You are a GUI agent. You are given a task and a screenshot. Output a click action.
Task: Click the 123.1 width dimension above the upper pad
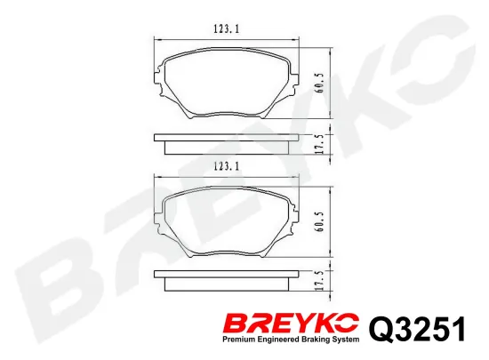pyautogui.click(x=227, y=29)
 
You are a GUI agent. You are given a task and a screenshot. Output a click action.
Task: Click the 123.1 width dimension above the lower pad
pyautogui.click(x=227, y=166)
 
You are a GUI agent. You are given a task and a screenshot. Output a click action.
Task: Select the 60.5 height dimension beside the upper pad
pyautogui.click(x=320, y=84)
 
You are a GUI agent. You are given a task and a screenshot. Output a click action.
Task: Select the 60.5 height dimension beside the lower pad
pyautogui.click(x=320, y=222)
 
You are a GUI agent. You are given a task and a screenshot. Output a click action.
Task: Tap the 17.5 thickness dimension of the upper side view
pyautogui.click(x=320, y=143)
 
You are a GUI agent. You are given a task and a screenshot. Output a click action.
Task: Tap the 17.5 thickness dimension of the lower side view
pyautogui.click(x=320, y=281)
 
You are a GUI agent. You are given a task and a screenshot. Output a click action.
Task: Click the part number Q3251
pyautogui.click(x=417, y=329)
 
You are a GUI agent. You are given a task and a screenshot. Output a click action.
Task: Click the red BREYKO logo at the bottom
pyautogui.click(x=292, y=324)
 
